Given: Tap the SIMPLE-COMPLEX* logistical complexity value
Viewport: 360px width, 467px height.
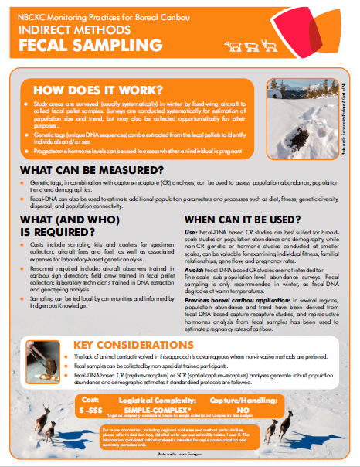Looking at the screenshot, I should point(168,409).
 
